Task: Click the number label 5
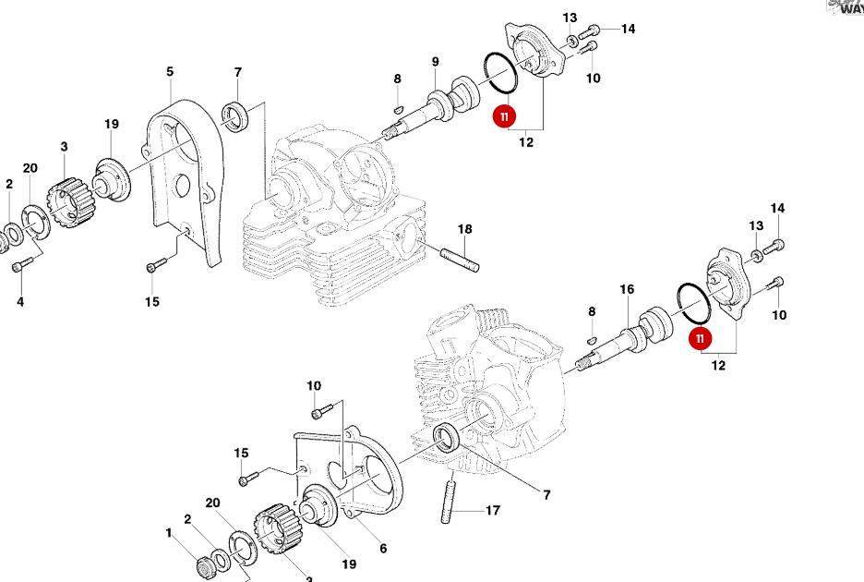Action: [170, 71]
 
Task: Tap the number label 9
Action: [435, 62]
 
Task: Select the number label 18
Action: [464, 229]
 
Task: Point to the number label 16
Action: [627, 289]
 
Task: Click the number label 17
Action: [493, 510]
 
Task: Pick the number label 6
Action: [383, 548]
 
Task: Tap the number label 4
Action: [19, 301]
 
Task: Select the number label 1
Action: [169, 533]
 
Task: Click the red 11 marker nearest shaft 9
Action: [504, 116]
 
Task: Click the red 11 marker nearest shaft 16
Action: [701, 338]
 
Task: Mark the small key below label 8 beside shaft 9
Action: [398, 107]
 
